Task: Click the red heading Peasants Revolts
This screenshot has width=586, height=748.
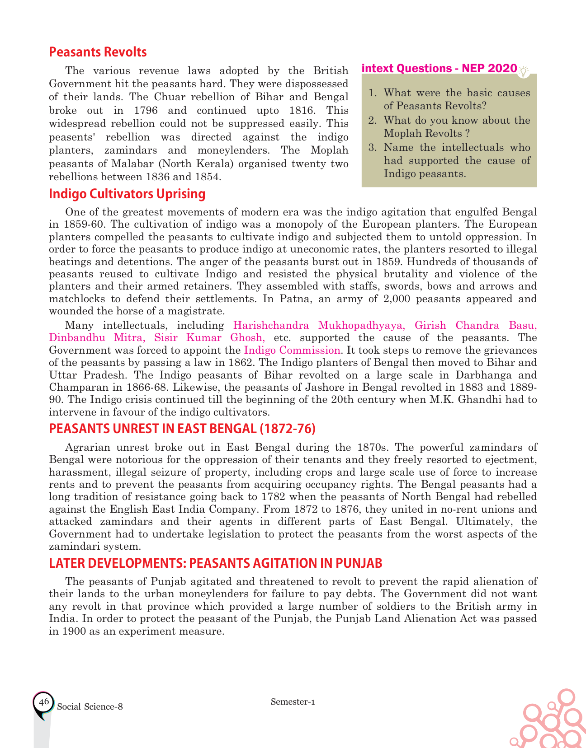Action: coord(98,52)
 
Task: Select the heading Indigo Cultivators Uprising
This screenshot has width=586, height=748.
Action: coord(127,194)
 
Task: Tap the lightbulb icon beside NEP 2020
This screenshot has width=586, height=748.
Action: coord(524,71)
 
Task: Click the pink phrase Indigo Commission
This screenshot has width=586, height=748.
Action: coord(292,350)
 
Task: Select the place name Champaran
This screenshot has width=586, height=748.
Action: coord(75,387)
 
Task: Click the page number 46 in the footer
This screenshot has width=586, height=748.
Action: coord(44,702)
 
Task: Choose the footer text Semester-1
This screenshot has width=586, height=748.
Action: coord(293,701)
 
